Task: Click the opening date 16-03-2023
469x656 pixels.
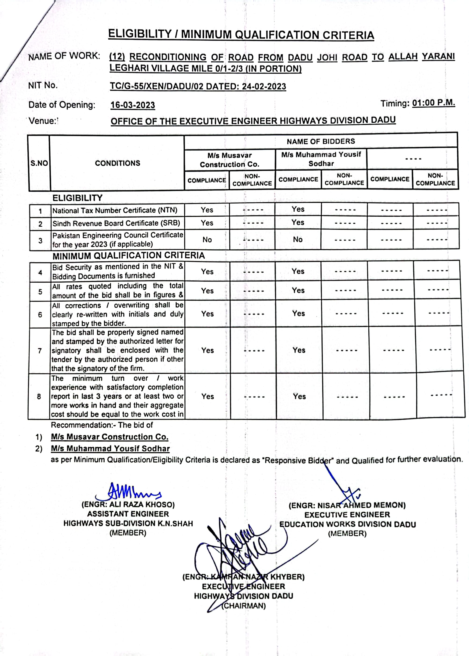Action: click(x=132, y=105)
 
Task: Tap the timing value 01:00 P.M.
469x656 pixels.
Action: click(x=433, y=103)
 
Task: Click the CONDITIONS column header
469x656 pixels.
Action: click(x=117, y=163)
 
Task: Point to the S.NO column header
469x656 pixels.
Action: click(x=39, y=163)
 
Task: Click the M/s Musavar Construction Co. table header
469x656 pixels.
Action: click(x=230, y=160)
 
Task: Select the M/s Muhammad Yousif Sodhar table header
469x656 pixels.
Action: click(x=321, y=159)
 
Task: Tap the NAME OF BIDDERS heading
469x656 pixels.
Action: click(x=321, y=141)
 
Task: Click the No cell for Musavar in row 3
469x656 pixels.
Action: click(x=207, y=240)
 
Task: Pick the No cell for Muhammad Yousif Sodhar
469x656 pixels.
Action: click(x=298, y=239)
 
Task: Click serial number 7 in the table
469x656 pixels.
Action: click(x=40, y=351)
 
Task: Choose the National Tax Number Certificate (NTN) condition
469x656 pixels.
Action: click(x=115, y=210)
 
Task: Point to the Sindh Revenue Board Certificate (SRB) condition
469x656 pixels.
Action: click(x=116, y=223)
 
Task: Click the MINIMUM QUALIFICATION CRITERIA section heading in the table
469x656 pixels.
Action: click(x=128, y=255)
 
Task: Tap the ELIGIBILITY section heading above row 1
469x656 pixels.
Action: click(x=77, y=198)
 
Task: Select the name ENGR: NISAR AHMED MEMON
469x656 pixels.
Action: click(x=347, y=505)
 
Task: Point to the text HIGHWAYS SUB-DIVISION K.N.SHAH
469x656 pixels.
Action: click(x=128, y=523)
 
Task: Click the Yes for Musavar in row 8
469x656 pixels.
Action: click(x=208, y=396)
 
